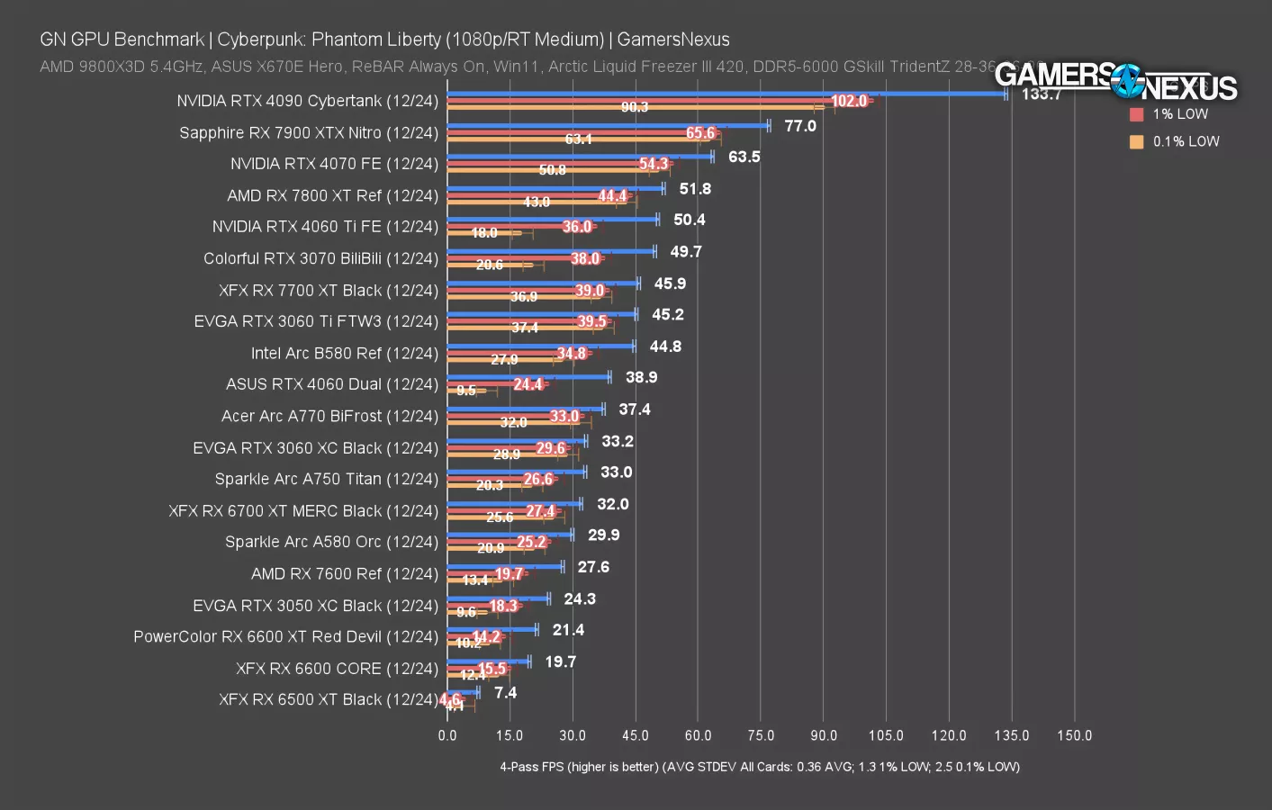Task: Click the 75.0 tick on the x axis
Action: (761, 735)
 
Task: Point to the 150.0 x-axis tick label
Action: (1074, 735)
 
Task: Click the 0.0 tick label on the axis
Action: (447, 735)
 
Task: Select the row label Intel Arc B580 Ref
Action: (344, 354)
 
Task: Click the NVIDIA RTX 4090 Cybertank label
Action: (307, 101)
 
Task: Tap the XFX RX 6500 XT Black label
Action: (328, 699)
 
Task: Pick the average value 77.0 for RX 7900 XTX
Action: (799, 126)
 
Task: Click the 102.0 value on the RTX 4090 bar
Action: (849, 101)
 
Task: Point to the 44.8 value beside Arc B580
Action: (665, 346)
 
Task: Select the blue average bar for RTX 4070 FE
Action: (580, 157)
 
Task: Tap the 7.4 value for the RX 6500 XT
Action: (505, 693)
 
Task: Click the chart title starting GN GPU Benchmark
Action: (384, 40)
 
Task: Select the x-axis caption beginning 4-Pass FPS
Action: (760, 767)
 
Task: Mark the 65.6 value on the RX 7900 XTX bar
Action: (700, 133)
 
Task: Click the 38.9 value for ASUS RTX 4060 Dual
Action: (641, 378)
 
